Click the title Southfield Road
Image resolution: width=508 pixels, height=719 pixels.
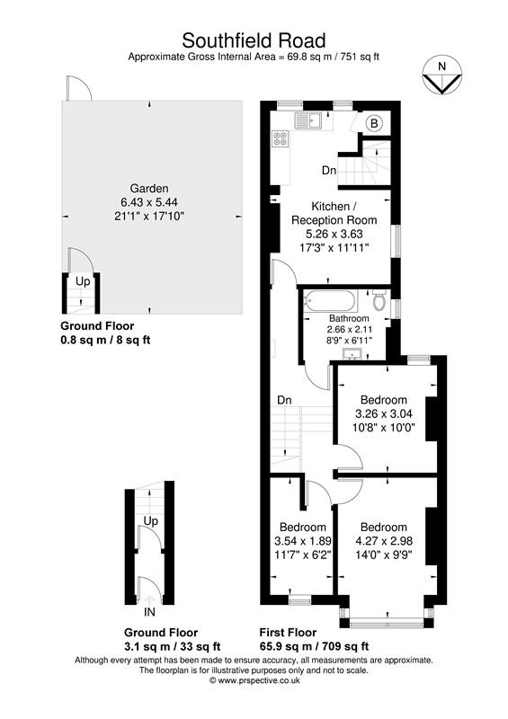tap(254, 40)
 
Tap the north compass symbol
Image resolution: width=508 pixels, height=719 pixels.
tap(440, 77)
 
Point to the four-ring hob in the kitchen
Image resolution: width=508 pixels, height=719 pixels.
tap(281, 139)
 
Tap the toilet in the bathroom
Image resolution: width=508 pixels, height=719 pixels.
tap(379, 302)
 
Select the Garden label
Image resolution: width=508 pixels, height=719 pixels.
tap(149, 188)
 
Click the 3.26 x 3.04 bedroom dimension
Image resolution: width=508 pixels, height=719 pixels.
tap(384, 414)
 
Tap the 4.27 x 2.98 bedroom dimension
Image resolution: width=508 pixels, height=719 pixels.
tap(384, 541)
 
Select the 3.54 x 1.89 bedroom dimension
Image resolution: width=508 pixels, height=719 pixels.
tap(301, 541)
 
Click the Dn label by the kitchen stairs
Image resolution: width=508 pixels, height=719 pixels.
tap(329, 170)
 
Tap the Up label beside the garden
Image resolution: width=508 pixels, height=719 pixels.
tap(82, 281)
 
